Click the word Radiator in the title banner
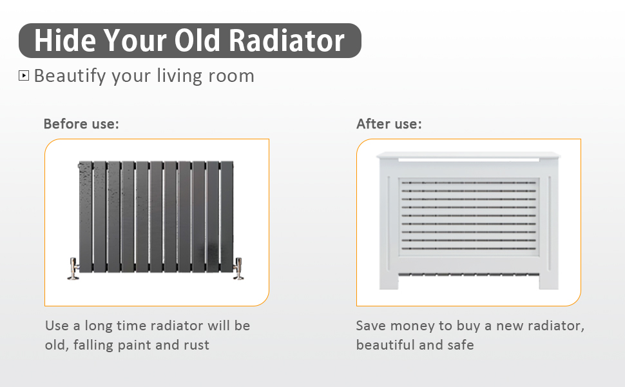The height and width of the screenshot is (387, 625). click(287, 41)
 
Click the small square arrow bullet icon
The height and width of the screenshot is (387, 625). click(23, 75)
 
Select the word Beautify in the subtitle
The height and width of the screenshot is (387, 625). click(70, 76)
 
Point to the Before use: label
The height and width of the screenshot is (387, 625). click(81, 124)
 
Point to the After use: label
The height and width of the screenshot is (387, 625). click(389, 124)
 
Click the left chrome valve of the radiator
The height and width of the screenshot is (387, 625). click(73, 268)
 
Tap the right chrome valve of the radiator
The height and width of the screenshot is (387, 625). click(238, 268)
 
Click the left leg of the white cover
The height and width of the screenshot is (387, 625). click(389, 279)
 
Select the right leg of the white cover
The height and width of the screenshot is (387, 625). click(549, 279)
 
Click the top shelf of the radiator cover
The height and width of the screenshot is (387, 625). click(468, 155)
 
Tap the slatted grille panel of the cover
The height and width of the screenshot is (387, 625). click(469, 216)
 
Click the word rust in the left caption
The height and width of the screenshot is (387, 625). click(196, 345)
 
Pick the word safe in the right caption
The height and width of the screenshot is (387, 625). click(461, 345)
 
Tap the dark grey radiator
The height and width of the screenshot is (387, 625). click(156, 217)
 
